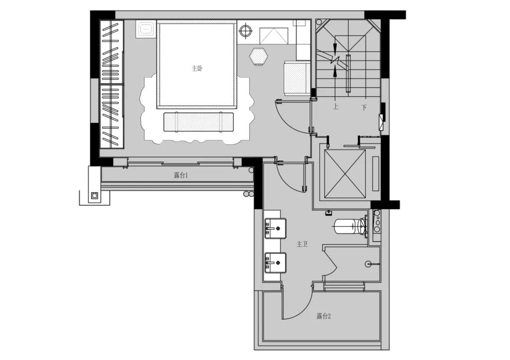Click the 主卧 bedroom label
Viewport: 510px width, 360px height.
(x=197, y=69)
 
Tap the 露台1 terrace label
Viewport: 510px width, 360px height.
(x=181, y=176)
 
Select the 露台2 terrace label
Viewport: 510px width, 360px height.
(x=323, y=316)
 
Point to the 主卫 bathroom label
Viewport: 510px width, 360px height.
(x=302, y=244)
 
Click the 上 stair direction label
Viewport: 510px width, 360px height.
(x=335, y=107)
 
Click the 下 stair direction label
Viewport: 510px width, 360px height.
(x=364, y=107)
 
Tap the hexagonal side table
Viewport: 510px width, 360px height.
(x=258, y=57)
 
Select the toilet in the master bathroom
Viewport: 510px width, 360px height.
(x=350, y=226)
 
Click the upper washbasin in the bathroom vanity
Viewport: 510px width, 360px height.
(x=275, y=228)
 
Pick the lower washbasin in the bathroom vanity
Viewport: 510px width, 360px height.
(x=275, y=262)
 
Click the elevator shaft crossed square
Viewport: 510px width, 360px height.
(x=345, y=174)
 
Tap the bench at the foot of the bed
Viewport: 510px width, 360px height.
(x=198, y=122)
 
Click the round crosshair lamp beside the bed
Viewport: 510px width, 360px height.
(x=246, y=31)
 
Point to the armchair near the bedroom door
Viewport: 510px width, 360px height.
(x=297, y=78)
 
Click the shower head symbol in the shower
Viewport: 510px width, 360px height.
(x=369, y=264)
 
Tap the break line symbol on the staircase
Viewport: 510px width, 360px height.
(x=335, y=60)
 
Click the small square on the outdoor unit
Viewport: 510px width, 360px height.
(x=94, y=195)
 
